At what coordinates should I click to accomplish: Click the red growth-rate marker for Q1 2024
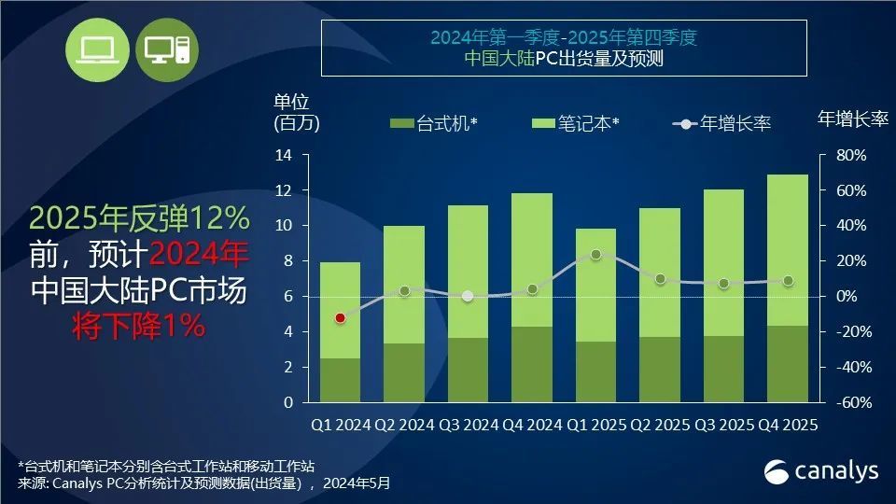pos(340,318)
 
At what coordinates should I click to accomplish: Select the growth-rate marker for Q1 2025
pos(595,254)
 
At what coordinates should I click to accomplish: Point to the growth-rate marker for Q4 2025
pos(788,281)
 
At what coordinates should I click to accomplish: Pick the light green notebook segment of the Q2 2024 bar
pos(403,285)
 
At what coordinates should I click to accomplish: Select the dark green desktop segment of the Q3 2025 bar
pos(723,369)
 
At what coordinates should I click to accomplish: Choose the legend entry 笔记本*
pos(576,123)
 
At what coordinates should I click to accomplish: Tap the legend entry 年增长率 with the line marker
pos(722,123)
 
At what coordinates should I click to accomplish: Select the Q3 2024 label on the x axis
pos(468,426)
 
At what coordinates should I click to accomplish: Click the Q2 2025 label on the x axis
pos(660,426)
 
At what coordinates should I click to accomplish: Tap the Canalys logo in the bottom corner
pos(821,470)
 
